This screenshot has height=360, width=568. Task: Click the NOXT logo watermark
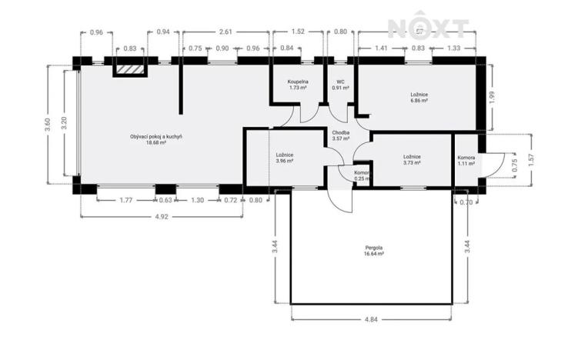tap(428, 28)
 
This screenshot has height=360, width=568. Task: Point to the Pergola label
tap(374, 249)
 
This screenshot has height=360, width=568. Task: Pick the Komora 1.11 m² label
tap(466, 159)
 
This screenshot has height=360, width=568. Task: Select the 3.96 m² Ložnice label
tap(284, 158)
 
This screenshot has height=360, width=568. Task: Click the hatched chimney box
tap(129, 69)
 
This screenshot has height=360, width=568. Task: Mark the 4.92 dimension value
tap(162, 218)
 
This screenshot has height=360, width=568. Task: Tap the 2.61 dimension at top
tap(226, 32)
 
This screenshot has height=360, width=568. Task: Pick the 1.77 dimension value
tap(126, 200)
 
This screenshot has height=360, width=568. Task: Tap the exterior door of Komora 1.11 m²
tap(493, 163)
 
